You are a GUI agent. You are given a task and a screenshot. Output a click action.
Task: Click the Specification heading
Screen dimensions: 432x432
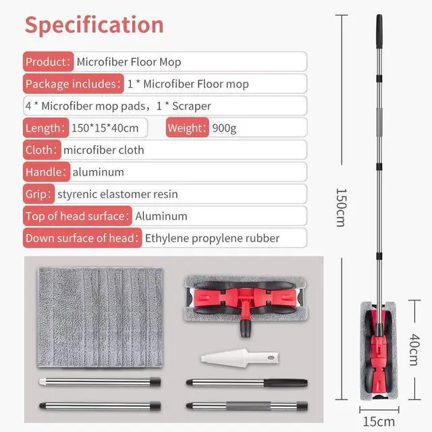pyautogui.click(x=94, y=25)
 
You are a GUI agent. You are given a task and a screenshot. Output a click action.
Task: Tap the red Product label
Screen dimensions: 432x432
pyautogui.click(x=47, y=62)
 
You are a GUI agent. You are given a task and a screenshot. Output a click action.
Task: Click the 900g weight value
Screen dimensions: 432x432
pyautogui.click(x=224, y=128)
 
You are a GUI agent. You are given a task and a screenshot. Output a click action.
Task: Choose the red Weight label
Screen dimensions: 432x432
pyautogui.click(x=186, y=128)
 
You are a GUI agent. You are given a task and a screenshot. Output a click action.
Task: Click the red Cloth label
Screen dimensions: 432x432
pyautogui.click(x=41, y=150)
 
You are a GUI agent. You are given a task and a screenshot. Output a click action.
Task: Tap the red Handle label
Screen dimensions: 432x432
pyautogui.click(x=45, y=172)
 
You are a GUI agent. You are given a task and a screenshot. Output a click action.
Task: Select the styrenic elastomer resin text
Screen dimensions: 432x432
pyautogui.click(x=118, y=194)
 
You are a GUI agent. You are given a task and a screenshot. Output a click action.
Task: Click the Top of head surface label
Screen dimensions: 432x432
pyautogui.click(x=76, y=217)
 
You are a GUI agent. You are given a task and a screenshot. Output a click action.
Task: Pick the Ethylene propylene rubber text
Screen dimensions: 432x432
pyautogui.click(x=212, y=238)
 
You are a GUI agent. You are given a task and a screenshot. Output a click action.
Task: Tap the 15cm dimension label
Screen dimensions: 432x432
pyautogui.click(x=379, y=422)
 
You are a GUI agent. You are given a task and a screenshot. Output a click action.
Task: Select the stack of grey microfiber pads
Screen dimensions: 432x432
pyautogui.click(x=99, y=317)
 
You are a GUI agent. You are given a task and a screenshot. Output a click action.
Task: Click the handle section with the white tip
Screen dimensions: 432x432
pyautogui.click(x=99, y=382)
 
